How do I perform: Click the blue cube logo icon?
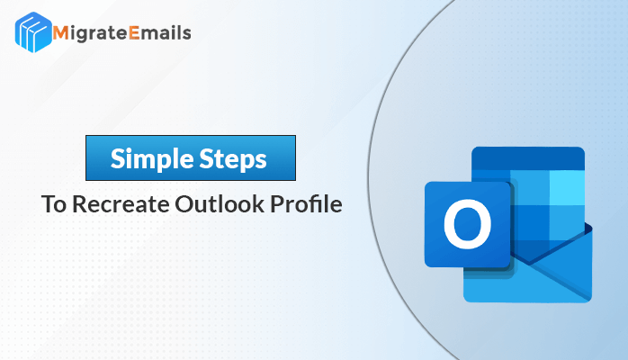pyautogui.click(x=33, y=32)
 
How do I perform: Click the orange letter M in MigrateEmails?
pyautogui.click(x=61, y=32)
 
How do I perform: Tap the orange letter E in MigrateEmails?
pyautogui.click(x=135, y=32)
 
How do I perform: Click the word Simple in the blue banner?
pyautogui.click(x=151, y=159)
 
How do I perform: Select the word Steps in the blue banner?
pyautogui.click(x=233, y=159)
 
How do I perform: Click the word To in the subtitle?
pyautogui.click(x=54, y=203)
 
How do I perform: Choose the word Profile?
pyautogui.click(x=307, y=203)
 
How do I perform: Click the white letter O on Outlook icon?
pyautogui.click(x=467, y=224)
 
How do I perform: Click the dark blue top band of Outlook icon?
pyautogui.click(x=528, y=158)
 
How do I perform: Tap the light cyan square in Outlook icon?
pyautogui.click(x=567, y=188)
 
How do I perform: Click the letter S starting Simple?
pyautogui.click(x=118, y=158)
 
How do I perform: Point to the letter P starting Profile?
pyautogui.click(x=277, y=203)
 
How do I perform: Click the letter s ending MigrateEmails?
pyautogui.click(x=186, y=34)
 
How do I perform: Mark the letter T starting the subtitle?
pyautogui.click(x=48, y=203)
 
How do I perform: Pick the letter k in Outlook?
pyautogui.click(x=259, y=203)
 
